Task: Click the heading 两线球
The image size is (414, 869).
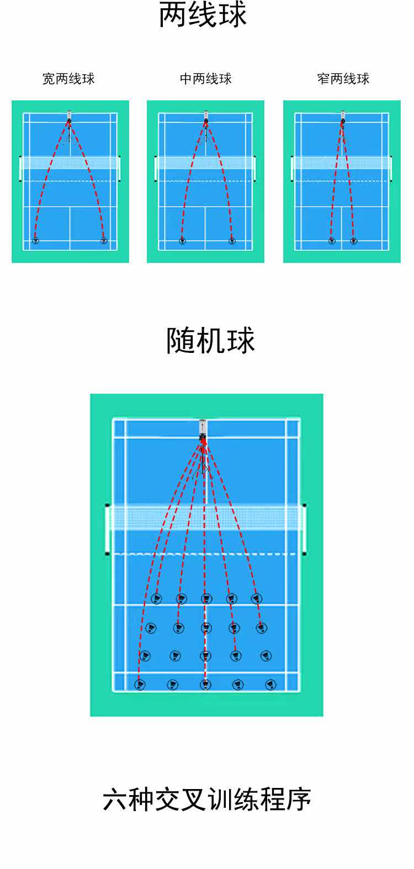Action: (203, 15)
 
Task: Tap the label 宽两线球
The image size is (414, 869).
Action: (68, 79)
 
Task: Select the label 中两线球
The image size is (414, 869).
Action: (205, 79)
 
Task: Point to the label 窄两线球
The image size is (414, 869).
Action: (343, 79)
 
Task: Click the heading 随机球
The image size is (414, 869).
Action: (210, 340)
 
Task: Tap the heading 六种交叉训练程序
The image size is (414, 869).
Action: (207, 800)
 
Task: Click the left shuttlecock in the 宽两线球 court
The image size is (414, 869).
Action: (35, 240)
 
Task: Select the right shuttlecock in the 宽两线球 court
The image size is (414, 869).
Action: (103, 240)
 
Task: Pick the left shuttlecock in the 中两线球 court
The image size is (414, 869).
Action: (182, 241)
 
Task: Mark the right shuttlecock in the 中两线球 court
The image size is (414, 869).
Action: (232, 241)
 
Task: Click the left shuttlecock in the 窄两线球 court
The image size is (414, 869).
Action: (331, 241)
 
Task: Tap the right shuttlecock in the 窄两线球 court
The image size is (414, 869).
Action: (353, 241)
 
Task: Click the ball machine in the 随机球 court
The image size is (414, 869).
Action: (203, 429)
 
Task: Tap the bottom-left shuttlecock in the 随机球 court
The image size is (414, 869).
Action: (140, 685)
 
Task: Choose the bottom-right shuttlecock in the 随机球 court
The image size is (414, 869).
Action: (270, 685)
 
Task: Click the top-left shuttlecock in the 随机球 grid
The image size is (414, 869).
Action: (156, 599)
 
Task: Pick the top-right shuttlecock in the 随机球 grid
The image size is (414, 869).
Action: (256, 598)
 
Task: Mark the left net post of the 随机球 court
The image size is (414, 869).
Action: (107, 529)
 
